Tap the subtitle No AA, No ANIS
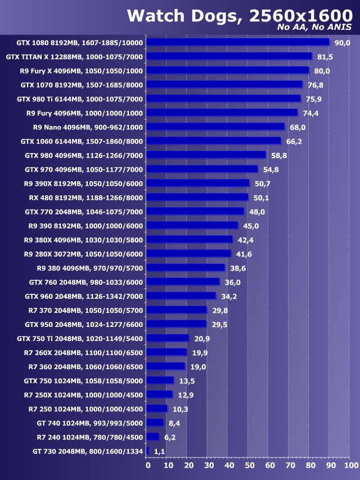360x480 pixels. [x=314, y=27]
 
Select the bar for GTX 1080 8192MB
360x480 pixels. [x=238, y=42]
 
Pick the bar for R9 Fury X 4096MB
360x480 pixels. [x=228, y=70]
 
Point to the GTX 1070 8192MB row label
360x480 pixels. [x=82, y=84]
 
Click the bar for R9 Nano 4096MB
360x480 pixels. [x=216, y=127]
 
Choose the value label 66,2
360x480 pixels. [x=294, y=141]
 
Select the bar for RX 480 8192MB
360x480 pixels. [x=198, y=197]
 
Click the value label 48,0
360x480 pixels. [x=257, y=211]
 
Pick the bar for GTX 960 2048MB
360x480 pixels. [x=182, y=296]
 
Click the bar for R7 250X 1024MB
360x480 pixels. [x=160, y=394]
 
